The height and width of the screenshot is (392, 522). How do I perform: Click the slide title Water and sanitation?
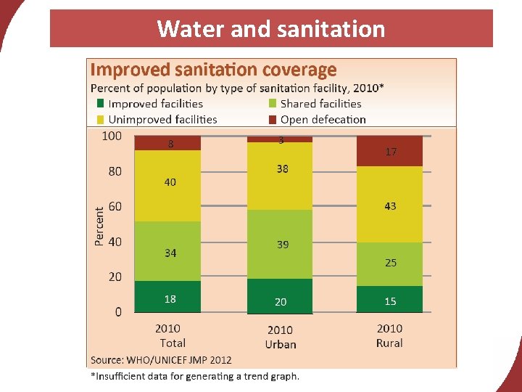(x=270, y=29)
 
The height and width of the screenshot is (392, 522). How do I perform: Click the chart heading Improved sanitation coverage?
(x=213, y=70)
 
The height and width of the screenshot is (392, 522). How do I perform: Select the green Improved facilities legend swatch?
(x=101, y=104)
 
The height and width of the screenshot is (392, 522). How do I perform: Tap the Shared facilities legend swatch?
(x=273, y=104)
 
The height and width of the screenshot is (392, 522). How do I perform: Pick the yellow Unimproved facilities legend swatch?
(x=101, y=119)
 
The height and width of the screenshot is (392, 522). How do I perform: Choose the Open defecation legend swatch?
(x=273, y=119)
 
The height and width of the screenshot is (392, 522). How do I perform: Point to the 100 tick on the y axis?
(x=112, y=136)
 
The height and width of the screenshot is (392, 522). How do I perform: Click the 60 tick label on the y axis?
(x=115, y=207)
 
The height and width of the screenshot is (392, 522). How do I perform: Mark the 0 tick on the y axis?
(x=118, y=312)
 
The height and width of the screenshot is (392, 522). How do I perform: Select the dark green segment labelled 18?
(x=168, y=297)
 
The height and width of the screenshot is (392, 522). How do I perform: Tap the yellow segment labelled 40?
(x=168, y=186)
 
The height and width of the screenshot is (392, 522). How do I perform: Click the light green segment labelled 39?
(x=280, y=245)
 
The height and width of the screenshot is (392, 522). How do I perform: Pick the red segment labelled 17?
(x=389, y=151)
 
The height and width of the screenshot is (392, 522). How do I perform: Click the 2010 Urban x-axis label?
(x=280, y=337)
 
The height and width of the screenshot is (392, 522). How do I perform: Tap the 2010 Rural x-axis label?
(x=389, y=335)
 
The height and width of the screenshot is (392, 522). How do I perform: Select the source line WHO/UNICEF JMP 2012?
(x=161, y=359)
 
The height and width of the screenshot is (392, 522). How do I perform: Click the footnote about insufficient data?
(x=194, y=376)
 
